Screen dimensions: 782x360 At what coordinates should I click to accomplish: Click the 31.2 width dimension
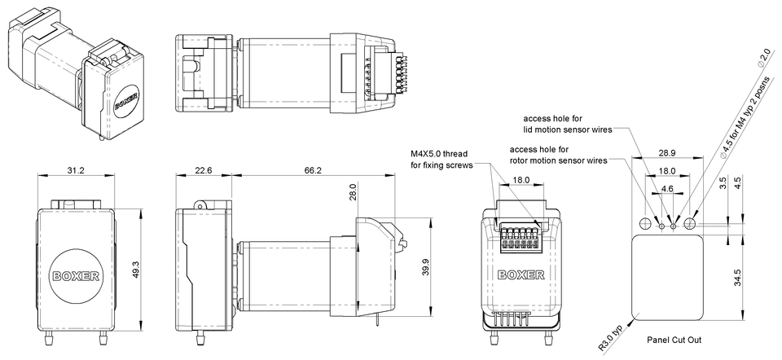coord(76,170)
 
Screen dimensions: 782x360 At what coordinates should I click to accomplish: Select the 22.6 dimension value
coord(204,170)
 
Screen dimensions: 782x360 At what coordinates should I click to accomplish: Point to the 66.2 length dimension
coord(312,170)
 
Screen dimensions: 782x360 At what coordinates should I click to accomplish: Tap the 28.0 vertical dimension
coord(352,192)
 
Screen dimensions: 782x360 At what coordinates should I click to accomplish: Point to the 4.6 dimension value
coord(667,188)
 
